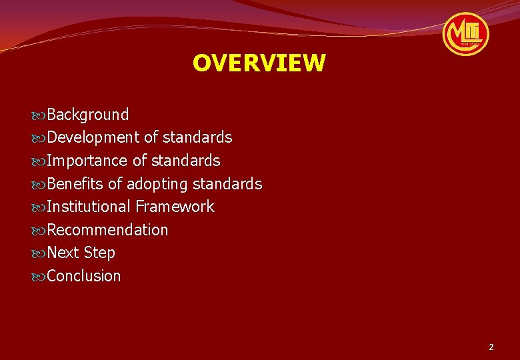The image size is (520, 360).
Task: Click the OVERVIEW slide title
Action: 259,63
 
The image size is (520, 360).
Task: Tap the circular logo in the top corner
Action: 466,33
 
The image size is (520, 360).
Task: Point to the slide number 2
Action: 491,347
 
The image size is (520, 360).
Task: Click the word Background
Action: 88,115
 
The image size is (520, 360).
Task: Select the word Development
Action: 93,138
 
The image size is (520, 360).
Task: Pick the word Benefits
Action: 75,184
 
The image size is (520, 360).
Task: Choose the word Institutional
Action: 89,207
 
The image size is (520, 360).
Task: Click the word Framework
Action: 175,207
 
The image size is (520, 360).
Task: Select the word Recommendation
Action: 108,230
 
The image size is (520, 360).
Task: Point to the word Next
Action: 63,253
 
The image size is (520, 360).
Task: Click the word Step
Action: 99,253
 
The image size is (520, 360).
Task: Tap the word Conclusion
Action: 84,276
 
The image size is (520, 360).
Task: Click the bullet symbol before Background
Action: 39,115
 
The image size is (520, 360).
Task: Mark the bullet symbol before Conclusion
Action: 39,277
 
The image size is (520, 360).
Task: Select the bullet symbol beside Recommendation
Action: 39,231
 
